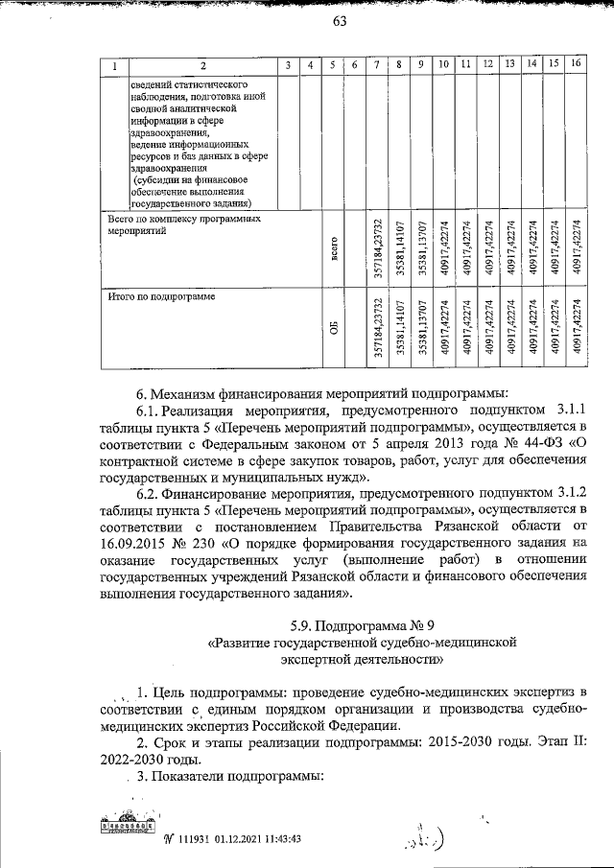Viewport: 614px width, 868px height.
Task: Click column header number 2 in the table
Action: pyautogui.click(x=201, y=65)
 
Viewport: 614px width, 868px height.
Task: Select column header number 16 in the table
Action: pyautogui.click(x=576, y=64)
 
